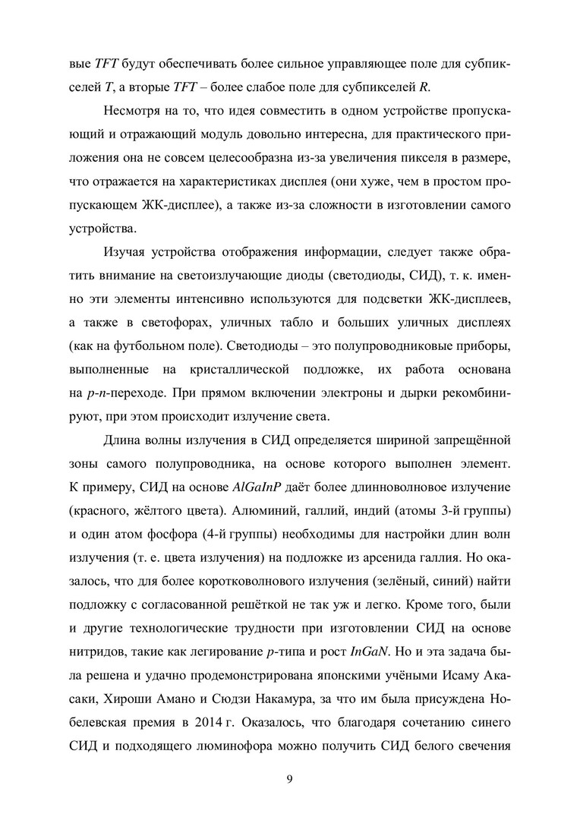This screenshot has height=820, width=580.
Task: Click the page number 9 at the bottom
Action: pos(290,778)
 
